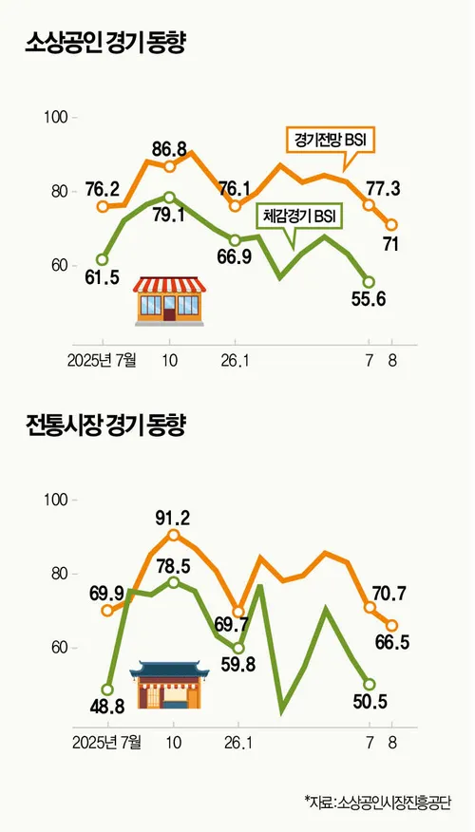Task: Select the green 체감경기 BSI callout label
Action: point(300,217)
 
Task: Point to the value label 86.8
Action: point(169,150)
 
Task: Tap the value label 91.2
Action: point(173,517)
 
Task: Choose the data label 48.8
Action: point(107,708)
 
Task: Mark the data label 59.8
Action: point(238,664)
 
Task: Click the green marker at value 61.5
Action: point(102,259)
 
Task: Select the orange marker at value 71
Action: point(391,225)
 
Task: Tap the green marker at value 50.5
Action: point(369,684)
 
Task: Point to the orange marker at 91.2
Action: point(173,535)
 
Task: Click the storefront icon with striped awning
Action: point(169,301)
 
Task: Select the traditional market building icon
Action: point(169,685)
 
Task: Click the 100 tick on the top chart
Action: point(55,117)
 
